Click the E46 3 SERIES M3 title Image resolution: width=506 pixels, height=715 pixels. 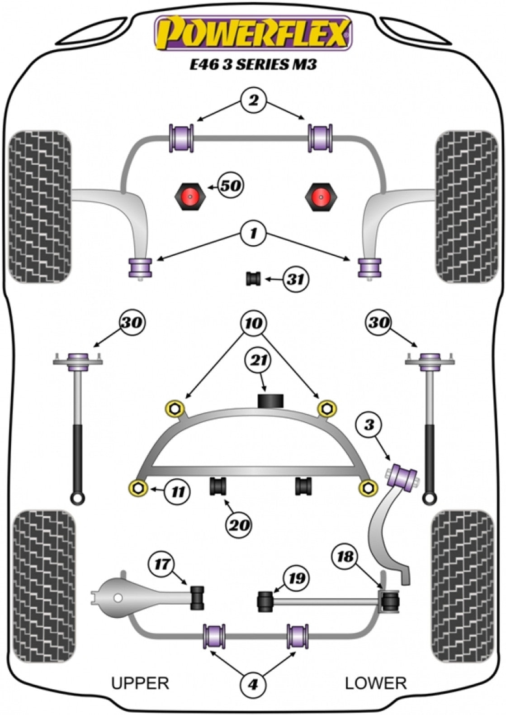click(253, 65)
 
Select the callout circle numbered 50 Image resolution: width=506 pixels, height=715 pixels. click(230, 185)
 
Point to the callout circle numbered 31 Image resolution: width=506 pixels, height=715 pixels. click(295, 280)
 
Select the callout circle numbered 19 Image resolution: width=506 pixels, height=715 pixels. click(296, 578)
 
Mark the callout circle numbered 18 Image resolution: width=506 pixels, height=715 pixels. click(345, 557)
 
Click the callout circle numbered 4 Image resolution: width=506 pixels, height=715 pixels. click(253, 685)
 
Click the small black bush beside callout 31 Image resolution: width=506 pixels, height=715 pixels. click(253, 279)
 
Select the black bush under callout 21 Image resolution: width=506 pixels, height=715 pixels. click(270, 401)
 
